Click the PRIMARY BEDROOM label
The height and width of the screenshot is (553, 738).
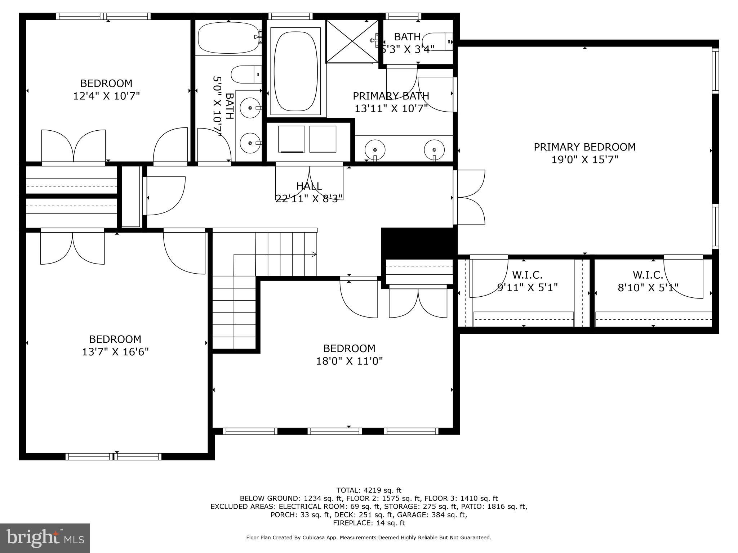point(584,147)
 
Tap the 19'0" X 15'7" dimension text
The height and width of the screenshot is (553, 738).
point(584,159)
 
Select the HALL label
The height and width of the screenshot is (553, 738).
point(309,186)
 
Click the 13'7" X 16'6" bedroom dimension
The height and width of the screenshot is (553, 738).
point(115,352)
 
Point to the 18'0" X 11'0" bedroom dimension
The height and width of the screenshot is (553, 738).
point(349,361)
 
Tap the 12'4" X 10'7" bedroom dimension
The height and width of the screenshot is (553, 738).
point(106,96)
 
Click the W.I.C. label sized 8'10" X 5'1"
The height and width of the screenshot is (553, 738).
point(648,275)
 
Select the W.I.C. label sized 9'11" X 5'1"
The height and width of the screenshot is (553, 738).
point(527,275)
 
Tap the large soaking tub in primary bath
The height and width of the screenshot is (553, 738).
point(297,71)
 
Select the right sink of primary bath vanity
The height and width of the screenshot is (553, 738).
point(434,149)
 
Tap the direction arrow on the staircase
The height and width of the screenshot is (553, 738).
point(314,255)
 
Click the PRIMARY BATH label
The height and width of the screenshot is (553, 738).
point(391,96)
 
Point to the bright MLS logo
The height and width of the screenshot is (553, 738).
point(45,538)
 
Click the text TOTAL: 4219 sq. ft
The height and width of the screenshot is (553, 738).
point(369,490)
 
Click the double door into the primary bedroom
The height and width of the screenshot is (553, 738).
point(470,197)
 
